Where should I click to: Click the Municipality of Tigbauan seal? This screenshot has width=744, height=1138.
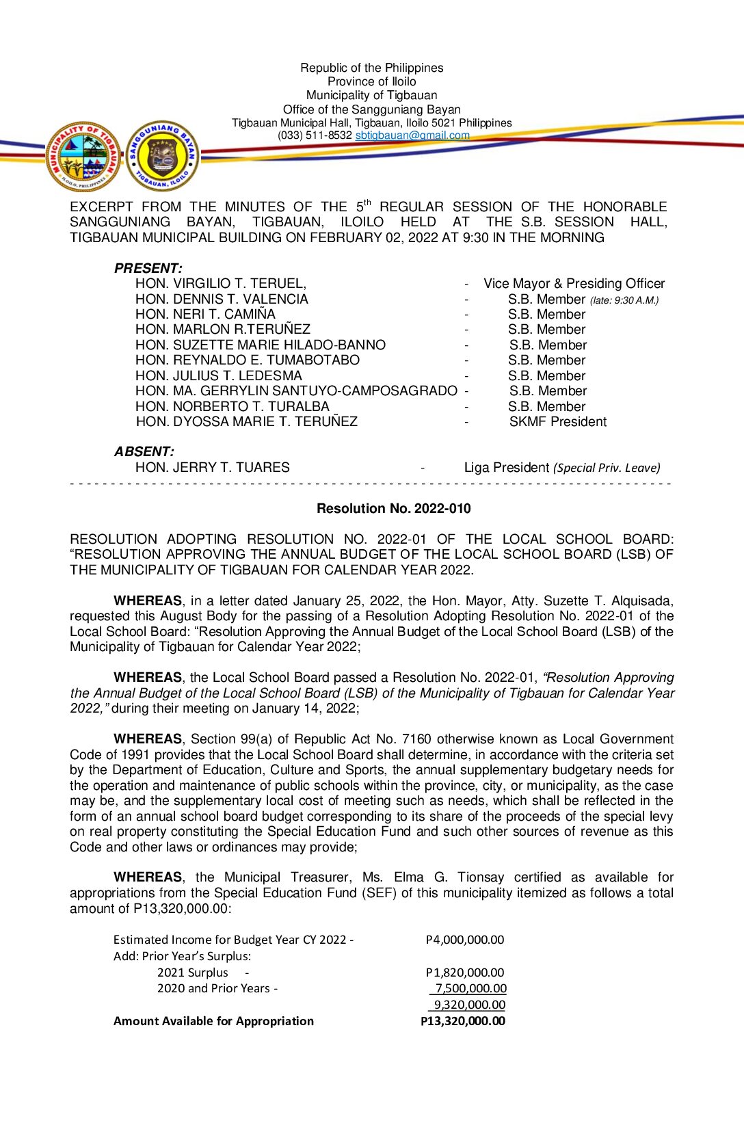pyautogui.click(x=83, y=157)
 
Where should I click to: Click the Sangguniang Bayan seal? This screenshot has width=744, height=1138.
pyautogui.click(x=163, y=157)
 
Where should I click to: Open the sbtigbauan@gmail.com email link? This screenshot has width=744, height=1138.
pyautogui.click(x=412, y=135)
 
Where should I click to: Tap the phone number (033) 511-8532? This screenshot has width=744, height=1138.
pyautogui.click(x=315, y=135)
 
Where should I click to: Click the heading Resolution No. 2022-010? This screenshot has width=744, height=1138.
pyautogui.click(x=393, y=508)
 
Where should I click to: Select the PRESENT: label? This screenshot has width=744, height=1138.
pyautogui.click(x=148, y=268)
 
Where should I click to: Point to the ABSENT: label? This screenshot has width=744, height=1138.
pyautogui.click(x=144, y=451)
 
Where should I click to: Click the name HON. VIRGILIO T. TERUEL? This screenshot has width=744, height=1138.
pyautogui.click(x=220, y=283)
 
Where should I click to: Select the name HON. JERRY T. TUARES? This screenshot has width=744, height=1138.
pyautogui.click(x=212, y=467)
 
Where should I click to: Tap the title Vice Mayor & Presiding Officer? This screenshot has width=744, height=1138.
pyautogui.click(x=574, y=283)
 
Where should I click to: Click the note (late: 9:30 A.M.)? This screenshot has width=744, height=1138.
pyautogui.click(x=624, y=300)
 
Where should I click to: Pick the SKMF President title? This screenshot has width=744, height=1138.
pyautogui.click(x=557, y=421)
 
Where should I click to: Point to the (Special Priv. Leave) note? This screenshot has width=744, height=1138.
pyautogui.click(x=607, y=468)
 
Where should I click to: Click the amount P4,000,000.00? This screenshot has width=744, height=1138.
pyautogui.click(x=464, y=940)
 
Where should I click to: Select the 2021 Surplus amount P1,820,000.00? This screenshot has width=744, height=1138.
pyautogui.click(x=464, y=972)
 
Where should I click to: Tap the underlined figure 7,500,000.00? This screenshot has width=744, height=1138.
pyautogui.click(x=470, y=988)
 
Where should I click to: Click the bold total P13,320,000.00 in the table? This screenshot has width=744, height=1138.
pyautogui.click(x=463, y=1021)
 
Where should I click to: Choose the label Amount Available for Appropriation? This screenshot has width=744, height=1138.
pyautogui.click(x=213, y=1021)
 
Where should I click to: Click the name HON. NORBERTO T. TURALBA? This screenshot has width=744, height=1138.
pyautogui.click(x=232, y=406)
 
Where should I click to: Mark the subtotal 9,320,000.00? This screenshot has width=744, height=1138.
pyautogui.click(x=469, y=1005)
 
